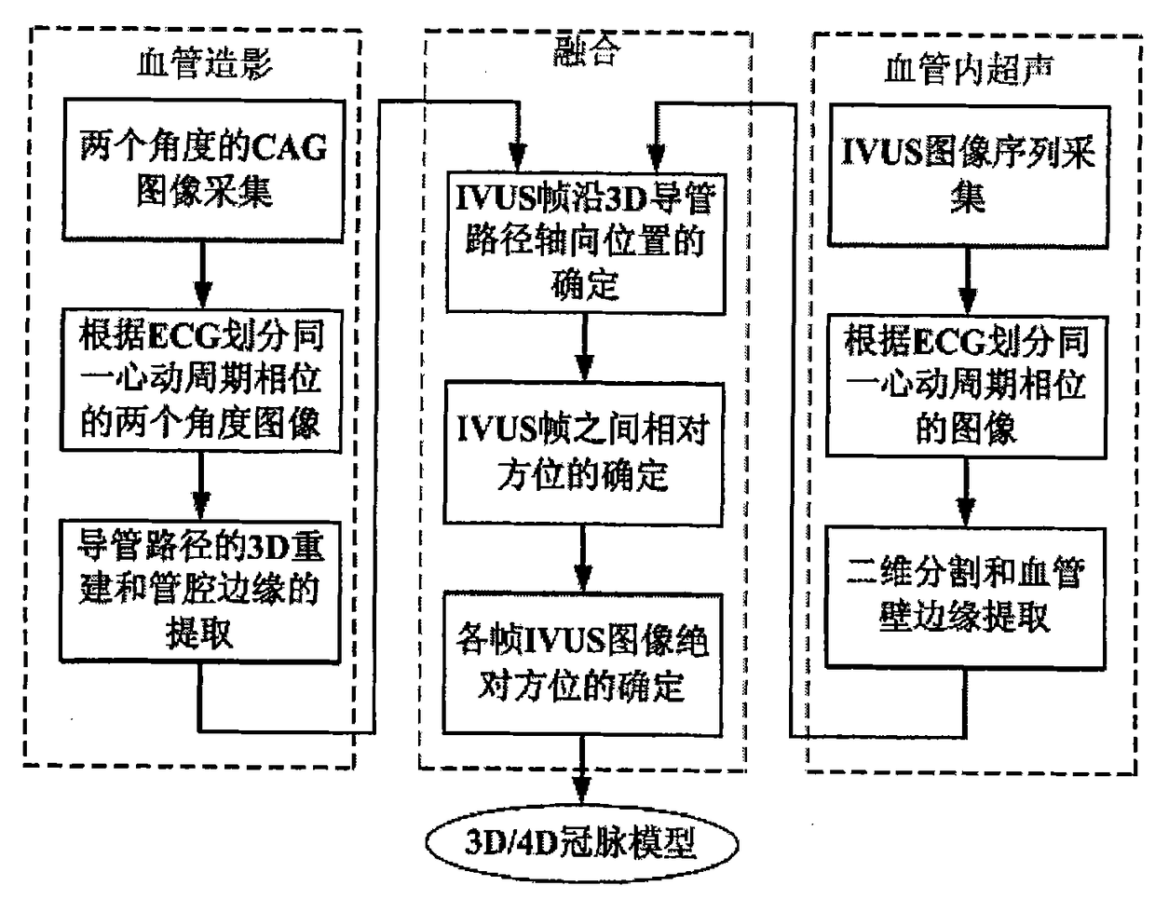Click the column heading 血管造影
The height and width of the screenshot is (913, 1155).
pyautogui.click(x=204, y=64)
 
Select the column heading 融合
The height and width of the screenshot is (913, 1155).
pyautogui.click(x=585, y=52)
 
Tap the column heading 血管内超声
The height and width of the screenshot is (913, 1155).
pyautogui.click(x=969, y=70)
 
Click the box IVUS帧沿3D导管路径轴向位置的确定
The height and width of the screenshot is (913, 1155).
pyautogui.click(x=585, y=241)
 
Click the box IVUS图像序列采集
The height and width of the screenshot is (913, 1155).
pyautogui.click(x=969, y=174)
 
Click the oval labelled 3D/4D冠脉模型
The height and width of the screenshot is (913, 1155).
pyautogui.click(x=582, y=842)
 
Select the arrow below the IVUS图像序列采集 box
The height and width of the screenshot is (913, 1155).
pyautogui.click(x=969, y=280)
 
